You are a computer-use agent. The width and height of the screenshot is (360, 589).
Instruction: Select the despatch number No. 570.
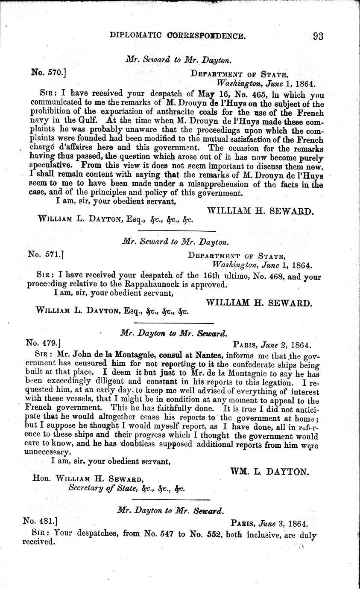pyautogui.click(x=48, y=73)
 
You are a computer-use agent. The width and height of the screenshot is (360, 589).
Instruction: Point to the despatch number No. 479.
pyautogui.click(x=44, y=342)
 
